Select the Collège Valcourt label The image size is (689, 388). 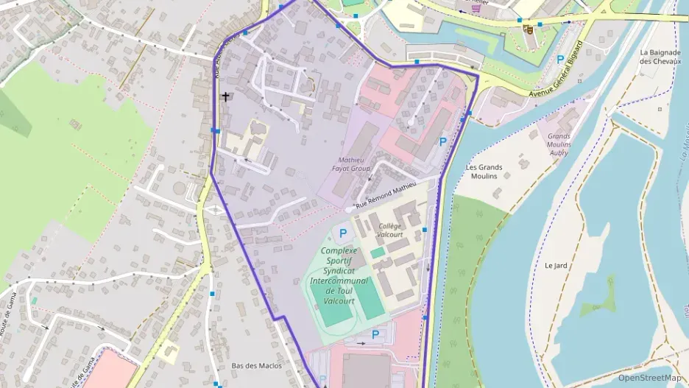tap(390, 230)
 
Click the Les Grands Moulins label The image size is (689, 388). tap(484, 172)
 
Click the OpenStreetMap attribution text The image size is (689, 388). tap(649, 378)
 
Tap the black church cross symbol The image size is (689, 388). tap(225, 96)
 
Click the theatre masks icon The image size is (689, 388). tap(527, 29)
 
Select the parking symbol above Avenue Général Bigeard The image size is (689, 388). tap(561, 59)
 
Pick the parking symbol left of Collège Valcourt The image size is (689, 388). tap(342, 233)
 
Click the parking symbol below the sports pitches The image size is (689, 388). tap(375, 334)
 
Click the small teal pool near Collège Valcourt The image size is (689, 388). tap(378, 253)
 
